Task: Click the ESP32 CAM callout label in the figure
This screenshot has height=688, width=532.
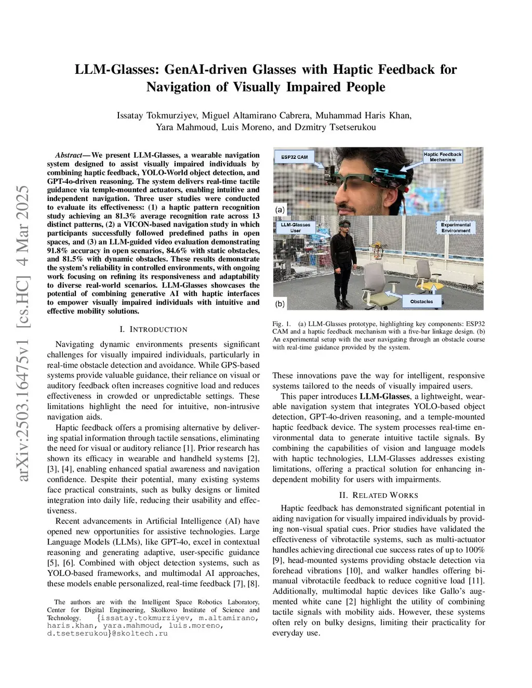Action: (295, 157)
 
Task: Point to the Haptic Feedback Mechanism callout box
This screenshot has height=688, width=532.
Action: (442, 157)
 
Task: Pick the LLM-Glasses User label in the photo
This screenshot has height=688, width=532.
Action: (296, 227)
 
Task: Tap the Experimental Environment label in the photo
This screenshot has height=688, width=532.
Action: (456, 227)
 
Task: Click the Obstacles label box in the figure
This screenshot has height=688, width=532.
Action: (421, 301)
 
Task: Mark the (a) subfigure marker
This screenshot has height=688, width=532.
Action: (280, 210)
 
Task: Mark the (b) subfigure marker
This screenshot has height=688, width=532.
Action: (280, 303)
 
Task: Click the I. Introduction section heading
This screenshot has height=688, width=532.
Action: (153, 329)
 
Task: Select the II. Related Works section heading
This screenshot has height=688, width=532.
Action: (378, 495)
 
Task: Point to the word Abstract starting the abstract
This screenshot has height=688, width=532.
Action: (69, 155)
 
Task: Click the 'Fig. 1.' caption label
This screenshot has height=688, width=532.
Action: (282, 323)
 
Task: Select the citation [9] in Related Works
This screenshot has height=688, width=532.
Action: (278, 560)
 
